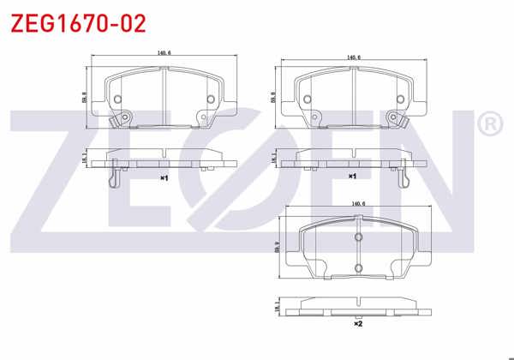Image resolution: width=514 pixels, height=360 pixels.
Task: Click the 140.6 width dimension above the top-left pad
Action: [x=164, y=55]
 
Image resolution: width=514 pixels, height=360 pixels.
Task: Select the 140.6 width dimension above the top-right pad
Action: [x=352, y=57]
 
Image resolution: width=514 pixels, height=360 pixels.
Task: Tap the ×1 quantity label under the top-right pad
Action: [x=351, y=176]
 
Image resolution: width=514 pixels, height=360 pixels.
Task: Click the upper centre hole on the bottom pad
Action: [x=358, y=237]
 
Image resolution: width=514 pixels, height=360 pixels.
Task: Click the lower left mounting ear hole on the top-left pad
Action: [x=125, y=117]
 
